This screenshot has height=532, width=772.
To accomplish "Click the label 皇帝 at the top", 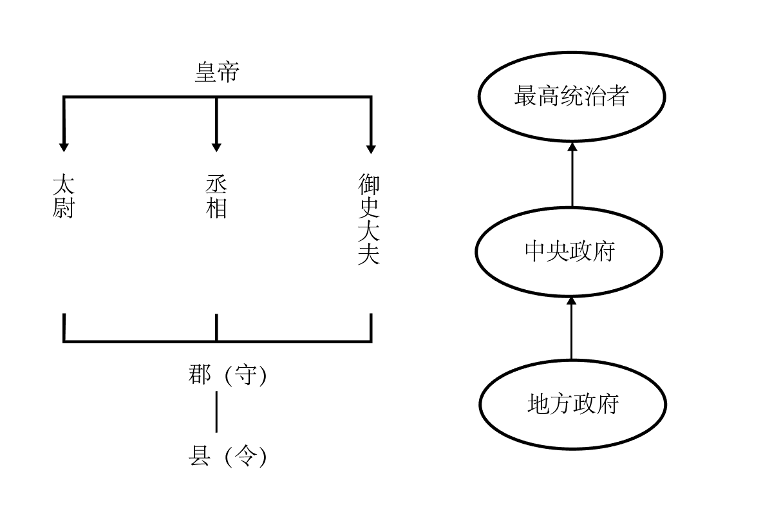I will pos(216,73).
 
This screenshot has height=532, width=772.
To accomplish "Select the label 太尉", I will pos(63,196).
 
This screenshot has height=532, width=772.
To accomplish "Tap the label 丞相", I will pos(216,196).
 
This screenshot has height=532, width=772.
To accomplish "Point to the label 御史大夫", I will pos(369,219).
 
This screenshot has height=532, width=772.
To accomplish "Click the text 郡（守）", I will pos(227,375).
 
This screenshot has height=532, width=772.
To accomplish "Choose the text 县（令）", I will pos(227,457).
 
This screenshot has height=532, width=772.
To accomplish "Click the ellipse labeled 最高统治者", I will pos(571,97).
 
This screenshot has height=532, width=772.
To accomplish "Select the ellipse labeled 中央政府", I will pos(570,251).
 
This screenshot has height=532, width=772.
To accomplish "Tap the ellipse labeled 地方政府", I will pos(572,404).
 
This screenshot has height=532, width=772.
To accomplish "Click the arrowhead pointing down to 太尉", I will pos(63,146).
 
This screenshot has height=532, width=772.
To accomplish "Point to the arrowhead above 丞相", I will pos(216,146).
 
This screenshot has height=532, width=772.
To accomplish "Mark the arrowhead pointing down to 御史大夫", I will pos(371,147).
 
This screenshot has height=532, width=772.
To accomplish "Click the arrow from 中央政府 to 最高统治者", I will pos(572,175).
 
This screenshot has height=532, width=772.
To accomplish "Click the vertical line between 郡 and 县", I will pos(216,412).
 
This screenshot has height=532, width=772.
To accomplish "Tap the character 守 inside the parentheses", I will pos(245,375).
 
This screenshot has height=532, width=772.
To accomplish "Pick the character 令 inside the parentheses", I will pos(245,457).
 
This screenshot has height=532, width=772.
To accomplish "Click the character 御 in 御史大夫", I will pos(369,185).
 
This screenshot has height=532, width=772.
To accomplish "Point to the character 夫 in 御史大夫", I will pos(369,254).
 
